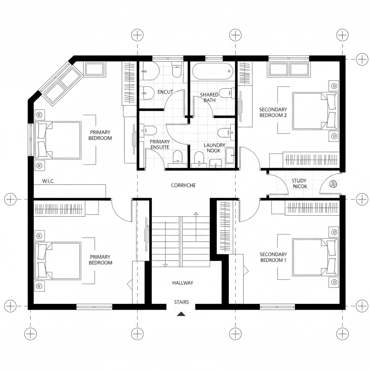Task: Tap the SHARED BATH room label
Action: [x=209, y=98]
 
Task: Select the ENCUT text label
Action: [x=165, y=92]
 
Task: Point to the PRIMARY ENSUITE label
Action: [x=159, y=145]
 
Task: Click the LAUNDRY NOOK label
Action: [x=214, y=148]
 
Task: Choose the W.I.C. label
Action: [x=48, y=181]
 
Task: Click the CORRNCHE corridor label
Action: [x=183, y=185]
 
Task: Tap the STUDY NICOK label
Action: [x=299, y=184]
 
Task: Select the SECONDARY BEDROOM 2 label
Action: [x=273, y=112]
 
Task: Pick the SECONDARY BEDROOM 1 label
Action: [x=273, y=257]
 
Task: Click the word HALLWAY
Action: [x=182, y=283]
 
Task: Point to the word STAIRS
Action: [x=181, y=302]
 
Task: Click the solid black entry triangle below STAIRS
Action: [x=181, y=314]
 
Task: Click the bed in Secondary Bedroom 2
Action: [x=315, y=111]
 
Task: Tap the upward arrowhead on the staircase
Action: [x=196, y=214]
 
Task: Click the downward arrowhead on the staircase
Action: [x=165, y=265]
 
